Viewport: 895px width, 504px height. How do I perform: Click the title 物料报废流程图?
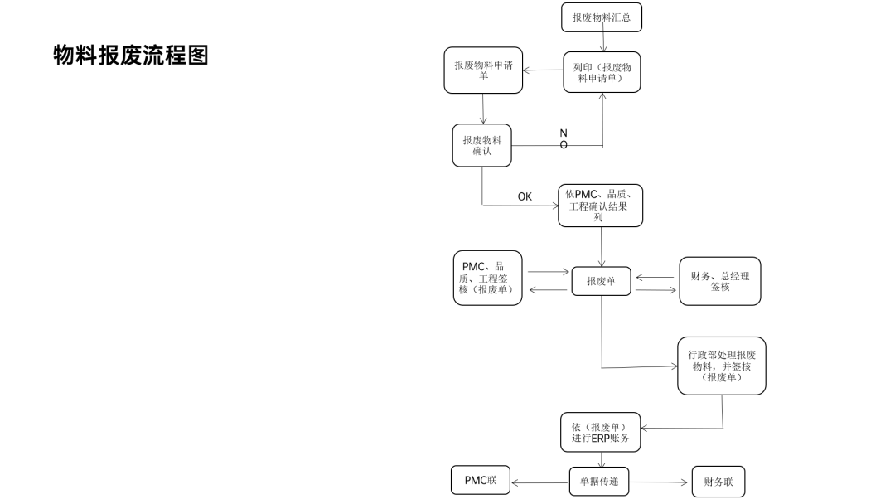pyautogui.click(x=130, y=56)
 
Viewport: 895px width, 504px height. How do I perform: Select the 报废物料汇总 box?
pyautogui.click(x=601, y=17)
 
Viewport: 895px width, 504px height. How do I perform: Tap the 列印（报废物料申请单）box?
pyautogui.click(x=602, y=72)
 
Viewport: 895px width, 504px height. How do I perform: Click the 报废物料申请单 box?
pyautogui.click(x=483, y=70)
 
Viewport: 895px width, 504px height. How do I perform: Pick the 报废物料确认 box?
pyautogui.click(x=481, y=145)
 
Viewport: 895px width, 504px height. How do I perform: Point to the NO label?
pyautogui.click(x=564, y=138)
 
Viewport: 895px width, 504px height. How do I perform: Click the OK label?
pyautogui.click(x=525, y=196)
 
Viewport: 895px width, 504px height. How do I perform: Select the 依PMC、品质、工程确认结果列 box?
pyautogui.click(x=600, y=205)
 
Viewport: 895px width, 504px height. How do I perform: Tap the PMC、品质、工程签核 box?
pyautogui.click(x=487, y=278)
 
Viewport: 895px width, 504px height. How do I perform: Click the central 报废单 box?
pyautogui.click(x=602, y=281)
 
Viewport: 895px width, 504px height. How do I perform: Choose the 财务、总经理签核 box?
pyautogui.click(x=719, y=281)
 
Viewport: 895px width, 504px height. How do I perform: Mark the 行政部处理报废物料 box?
pyautogui.click(x=721, y=366)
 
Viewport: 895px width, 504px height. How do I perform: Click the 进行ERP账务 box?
pyautogui.click(x=600, y=433)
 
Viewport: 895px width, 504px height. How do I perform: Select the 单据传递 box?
pyautogui.click(x=598, y=481)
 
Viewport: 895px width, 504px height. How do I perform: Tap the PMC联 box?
pyautogui.click(x=481, y=481)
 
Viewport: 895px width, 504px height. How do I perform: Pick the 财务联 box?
pyautogui.click(x=718, y=482)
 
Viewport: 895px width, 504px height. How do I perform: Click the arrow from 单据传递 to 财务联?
pyautogui.click(x=660, y=482)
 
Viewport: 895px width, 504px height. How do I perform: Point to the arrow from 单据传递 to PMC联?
pyautogui.click(x=539, y=482)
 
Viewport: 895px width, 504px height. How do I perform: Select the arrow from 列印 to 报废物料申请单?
pyautogui.click(x=543, y=70)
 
